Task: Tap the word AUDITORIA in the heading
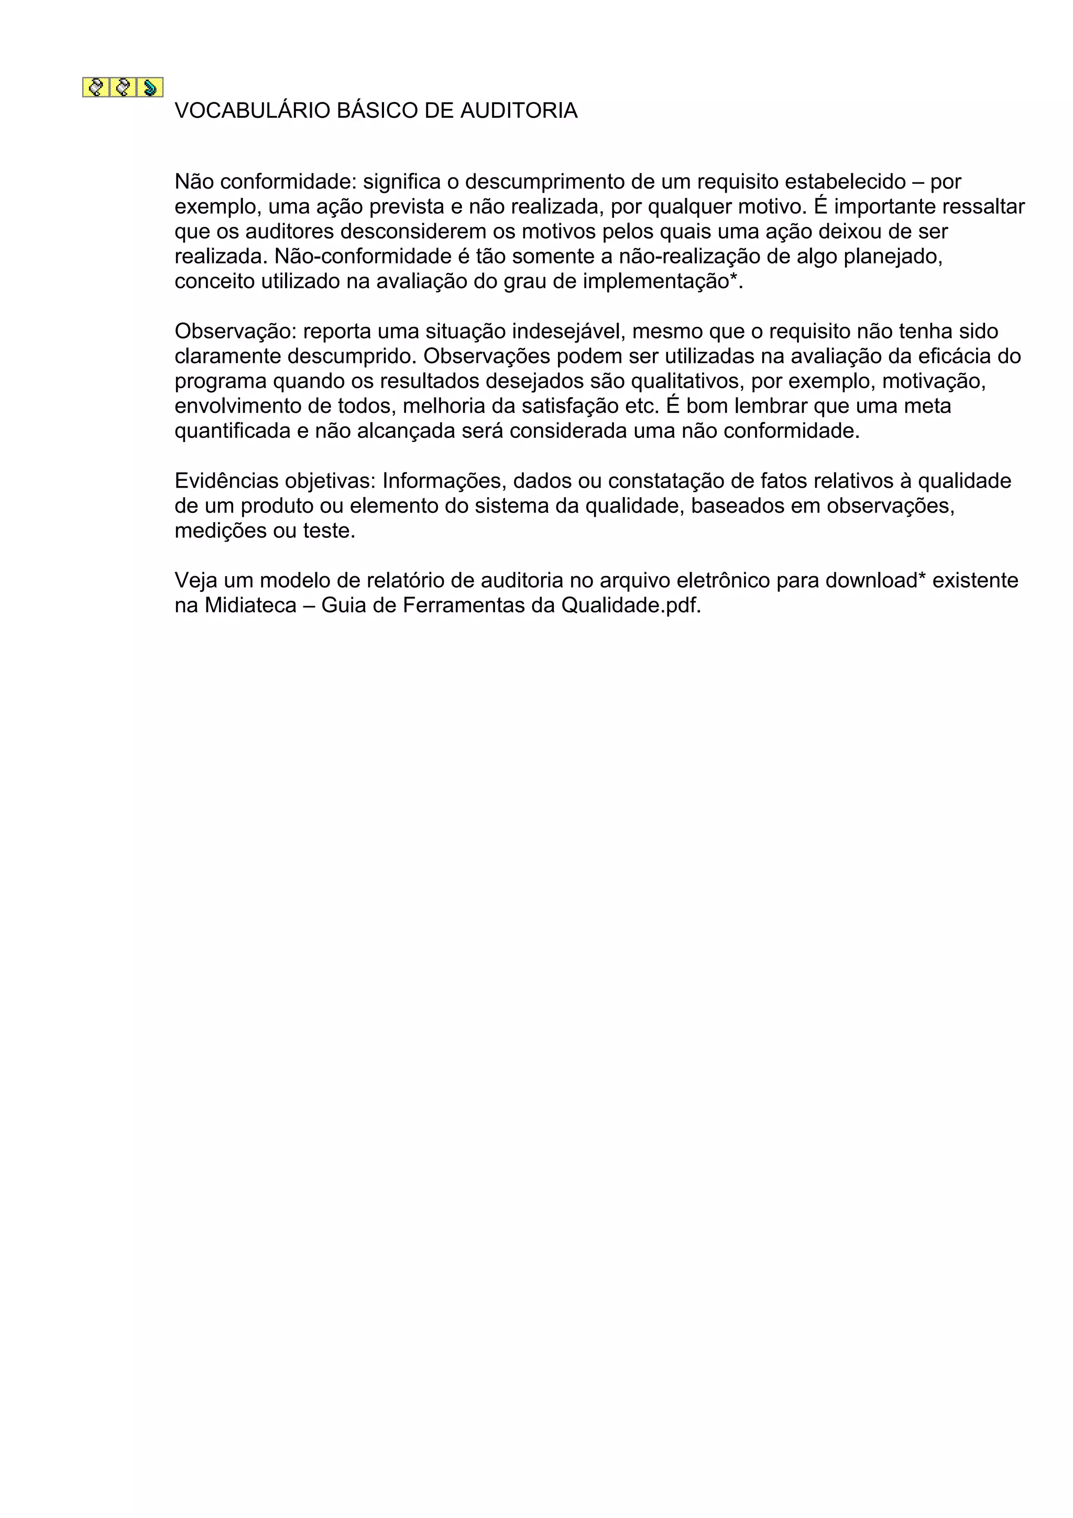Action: (518, 111)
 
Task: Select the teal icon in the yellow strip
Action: (150, 87)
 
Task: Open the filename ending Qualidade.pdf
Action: (630, 605)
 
